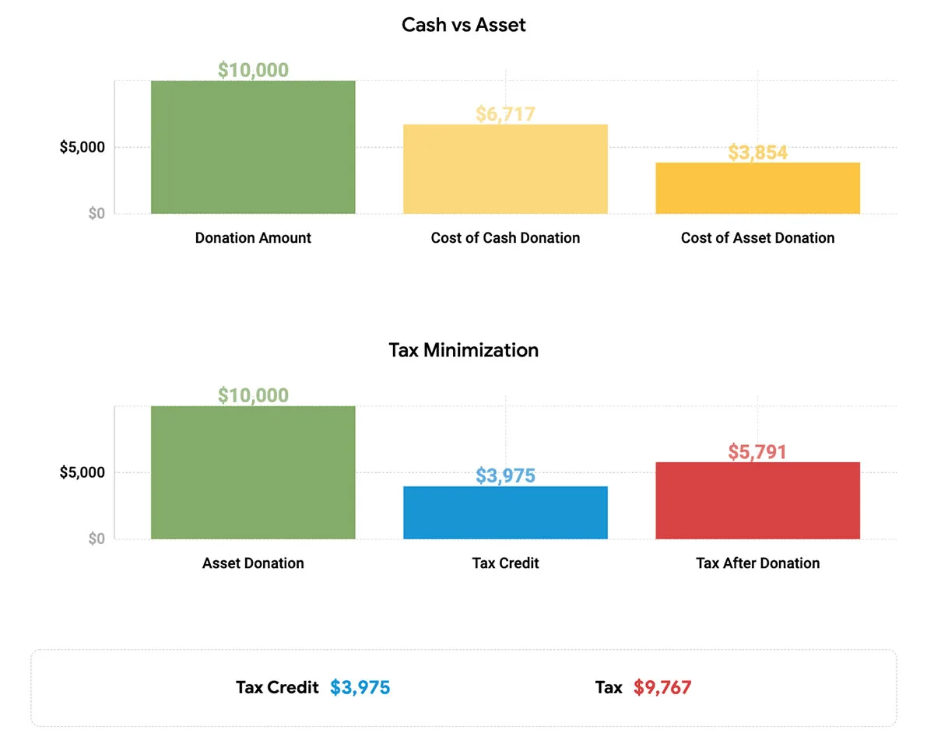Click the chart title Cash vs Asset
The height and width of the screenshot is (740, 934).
tap(463, 25)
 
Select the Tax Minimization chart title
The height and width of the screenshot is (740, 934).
tap(463, 350)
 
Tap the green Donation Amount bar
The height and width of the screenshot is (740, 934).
tap(253, 147)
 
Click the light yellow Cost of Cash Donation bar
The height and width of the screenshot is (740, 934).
tap(505, 169)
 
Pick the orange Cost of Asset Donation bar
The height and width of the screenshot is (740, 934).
tap(758, 188)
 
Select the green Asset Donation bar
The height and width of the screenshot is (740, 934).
tap(253, 472)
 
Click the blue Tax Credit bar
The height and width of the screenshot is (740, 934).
tap(505, 513)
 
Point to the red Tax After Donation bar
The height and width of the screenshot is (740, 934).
tap(758, 500)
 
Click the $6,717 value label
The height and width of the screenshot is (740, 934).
tap(505, 114)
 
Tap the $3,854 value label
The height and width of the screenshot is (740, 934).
tap(758, 153)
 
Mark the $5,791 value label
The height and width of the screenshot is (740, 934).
tap(757, 452)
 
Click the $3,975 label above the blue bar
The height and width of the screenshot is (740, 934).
tap(505, 475)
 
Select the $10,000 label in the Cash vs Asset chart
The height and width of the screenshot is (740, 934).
tap(253, 70)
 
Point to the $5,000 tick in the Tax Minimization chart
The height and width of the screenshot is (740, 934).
tap(82, 472)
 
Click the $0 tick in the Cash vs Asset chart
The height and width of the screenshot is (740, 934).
tap(97, 213)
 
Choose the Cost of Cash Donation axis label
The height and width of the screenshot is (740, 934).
tap(505, 238)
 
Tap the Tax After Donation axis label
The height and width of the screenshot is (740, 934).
tap(758, 563)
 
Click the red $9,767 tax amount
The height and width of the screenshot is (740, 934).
tap(662, 688)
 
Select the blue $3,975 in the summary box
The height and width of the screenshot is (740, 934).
tap(360, 688)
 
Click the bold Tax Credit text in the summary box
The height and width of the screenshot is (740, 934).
tap(277, 688)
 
